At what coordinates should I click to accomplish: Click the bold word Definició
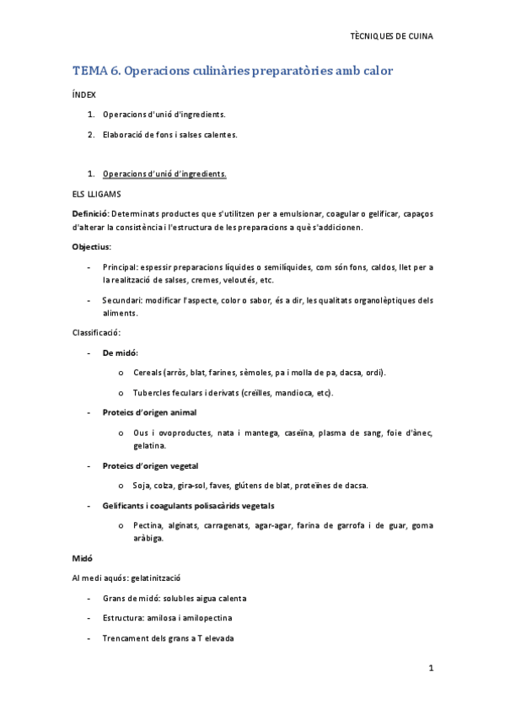[90, 214]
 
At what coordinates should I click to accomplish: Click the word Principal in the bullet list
[119, 267]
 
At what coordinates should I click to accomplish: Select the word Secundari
[121, 300]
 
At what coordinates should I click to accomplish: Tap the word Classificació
[97, 333]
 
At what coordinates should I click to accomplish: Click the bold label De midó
[121, 352]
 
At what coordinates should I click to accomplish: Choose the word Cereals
[148, 373]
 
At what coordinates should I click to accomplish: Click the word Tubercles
[153, 393]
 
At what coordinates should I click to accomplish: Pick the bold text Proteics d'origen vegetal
[150, 465]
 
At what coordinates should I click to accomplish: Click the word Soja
[142, 485]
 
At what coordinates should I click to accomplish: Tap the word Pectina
[148, 525]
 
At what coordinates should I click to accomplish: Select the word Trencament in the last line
[126, 638]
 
